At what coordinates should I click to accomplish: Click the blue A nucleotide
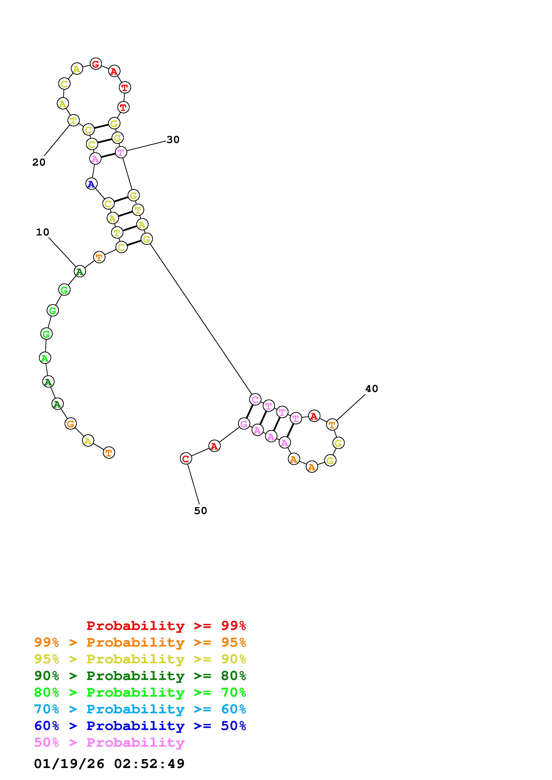pyautogui.click(x=91, y=184)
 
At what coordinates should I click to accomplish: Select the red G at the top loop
pyautogui.click(x=96, y=64)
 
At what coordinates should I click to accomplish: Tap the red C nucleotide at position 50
pyautogui.click(x=186, y=458)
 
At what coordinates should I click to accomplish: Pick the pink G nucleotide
pyautogui.click(x=244, y=424)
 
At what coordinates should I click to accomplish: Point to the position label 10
pyautogui.click(x=43, y=232)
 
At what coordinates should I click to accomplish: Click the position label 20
pyautogui.click(x=39, y=162)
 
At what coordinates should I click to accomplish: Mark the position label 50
pyautogui.click(x=200, y=511)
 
